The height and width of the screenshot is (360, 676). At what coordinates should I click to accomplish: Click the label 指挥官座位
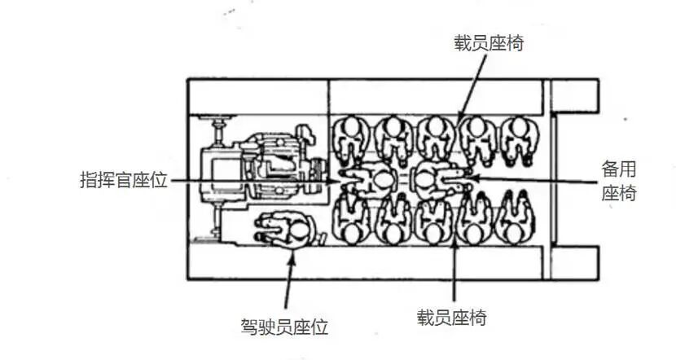[123, 180]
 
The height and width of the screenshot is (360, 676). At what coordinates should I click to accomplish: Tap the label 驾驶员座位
[284, 327]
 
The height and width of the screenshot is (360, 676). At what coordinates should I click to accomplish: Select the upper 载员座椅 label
[489, 43]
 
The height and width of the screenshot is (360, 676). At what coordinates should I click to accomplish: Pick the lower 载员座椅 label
[452, 318]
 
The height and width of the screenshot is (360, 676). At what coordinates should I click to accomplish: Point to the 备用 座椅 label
[619, 181]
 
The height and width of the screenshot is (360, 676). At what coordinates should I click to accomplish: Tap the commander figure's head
[381, 180]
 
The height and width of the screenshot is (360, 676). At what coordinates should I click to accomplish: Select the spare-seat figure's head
[424, 179]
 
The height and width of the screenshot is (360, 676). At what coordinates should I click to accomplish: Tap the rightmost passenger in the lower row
[516, 217]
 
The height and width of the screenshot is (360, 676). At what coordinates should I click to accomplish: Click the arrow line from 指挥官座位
[255, 181]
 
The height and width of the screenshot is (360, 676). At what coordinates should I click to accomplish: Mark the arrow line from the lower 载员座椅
[453, 270]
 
